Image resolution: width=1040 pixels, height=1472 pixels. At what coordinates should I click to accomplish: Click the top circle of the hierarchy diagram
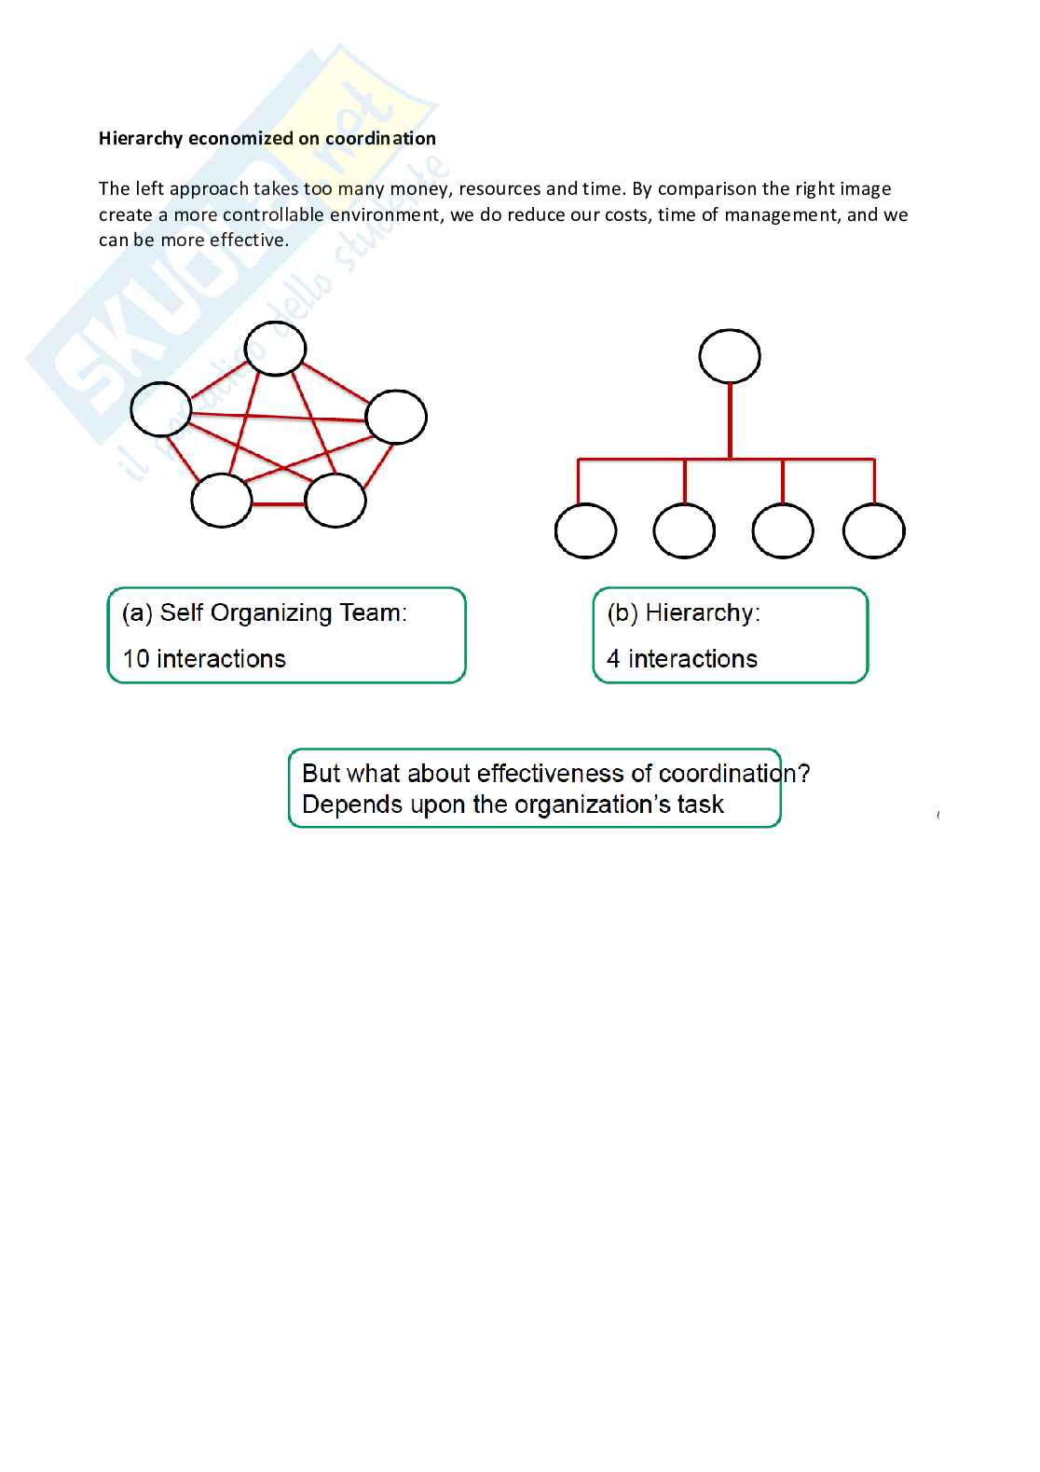(x=730, y=356)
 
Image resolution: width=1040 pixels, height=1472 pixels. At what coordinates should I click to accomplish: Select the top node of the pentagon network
(x=275, y=349)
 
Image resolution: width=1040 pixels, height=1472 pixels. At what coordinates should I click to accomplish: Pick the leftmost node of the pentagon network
(x=161, y=409)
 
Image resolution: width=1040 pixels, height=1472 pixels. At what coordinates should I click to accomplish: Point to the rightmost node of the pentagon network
(x=396, y=417)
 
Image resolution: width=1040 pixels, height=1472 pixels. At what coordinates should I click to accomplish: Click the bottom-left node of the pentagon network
(x=222, y=501)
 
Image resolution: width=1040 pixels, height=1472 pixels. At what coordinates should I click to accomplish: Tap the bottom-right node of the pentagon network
(x=335, y=501)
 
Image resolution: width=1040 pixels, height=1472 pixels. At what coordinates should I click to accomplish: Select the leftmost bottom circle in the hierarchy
(x=585, y=531)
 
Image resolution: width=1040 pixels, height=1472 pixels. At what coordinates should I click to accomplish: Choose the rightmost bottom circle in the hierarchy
(x=873, y=531)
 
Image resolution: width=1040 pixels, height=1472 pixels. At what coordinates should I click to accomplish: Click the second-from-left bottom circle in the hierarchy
(x=684, y=531)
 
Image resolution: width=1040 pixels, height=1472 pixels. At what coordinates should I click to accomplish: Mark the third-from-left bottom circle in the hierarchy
(x=783, y=531)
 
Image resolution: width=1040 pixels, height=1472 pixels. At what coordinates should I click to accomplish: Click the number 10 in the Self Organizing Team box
(x=136, y=659)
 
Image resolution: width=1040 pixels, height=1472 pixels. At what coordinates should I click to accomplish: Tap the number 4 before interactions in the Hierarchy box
(x=613, y=659)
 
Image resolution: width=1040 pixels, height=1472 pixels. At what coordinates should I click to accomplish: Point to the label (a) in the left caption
(x=137, y=613)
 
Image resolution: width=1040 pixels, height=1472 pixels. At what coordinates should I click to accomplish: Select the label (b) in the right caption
(x=623, y=613)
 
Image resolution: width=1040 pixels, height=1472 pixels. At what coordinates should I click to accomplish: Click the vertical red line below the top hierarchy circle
(x=730, y=421)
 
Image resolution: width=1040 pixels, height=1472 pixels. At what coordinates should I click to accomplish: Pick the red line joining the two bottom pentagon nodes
(x=279, y=504)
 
